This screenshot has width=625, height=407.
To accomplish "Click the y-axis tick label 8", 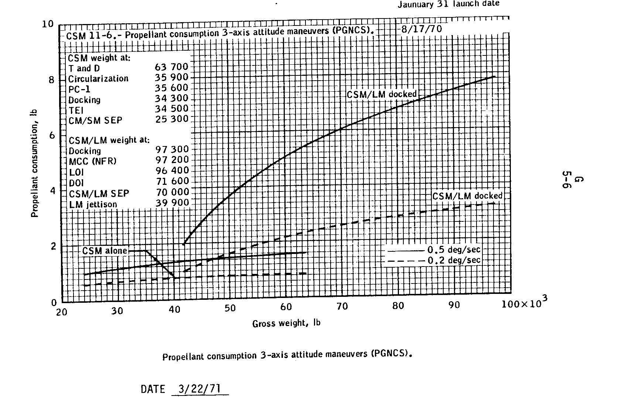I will (51, 80).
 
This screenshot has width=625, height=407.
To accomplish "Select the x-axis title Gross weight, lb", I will (286, 323).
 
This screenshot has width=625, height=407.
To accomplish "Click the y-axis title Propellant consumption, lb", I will (35, 163).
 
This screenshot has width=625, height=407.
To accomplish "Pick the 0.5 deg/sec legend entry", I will (454, 250).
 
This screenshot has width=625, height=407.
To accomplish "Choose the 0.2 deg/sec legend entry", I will (454, 260).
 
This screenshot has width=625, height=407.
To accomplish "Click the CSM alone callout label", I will (105, 251).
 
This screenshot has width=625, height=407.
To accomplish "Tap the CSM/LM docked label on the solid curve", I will (382, 94).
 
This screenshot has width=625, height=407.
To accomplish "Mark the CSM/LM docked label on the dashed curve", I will (467, 196).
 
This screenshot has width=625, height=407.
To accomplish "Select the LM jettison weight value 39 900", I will (172, 203).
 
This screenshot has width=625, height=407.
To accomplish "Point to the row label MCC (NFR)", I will (93, 162).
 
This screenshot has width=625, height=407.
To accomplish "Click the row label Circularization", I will (98, 79).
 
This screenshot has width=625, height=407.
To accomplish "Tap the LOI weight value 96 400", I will (172, 171).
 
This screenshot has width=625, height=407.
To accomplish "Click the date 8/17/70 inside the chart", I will (421, 29).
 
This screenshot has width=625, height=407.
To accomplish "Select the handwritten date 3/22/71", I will (199, 389).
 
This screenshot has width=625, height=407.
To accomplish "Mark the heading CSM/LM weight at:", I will (109, 140).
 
